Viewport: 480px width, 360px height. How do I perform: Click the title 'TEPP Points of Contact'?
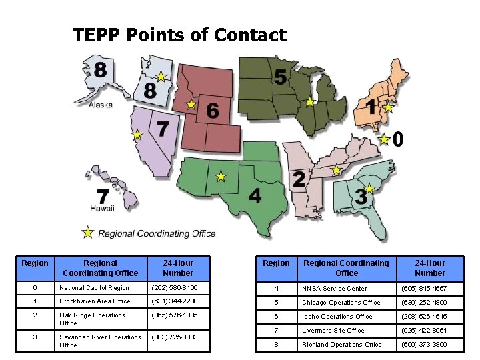coord(179,35)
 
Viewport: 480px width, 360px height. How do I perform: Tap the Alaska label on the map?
coord(100,105)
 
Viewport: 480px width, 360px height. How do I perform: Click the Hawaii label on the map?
coord(103,209)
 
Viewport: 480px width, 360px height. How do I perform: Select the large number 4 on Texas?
coord(255,195)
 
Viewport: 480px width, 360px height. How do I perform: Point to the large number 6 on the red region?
coord(212,111)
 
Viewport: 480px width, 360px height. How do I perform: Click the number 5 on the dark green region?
coord(281,78)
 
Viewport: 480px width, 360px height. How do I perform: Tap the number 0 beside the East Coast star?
coord(397,139)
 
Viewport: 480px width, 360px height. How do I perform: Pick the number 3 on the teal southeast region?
coord(361,197)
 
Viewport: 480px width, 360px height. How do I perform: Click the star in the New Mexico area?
coord(221,177)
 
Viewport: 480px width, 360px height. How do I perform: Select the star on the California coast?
coord(137,135)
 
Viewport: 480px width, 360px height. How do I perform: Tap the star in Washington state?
coord(161,77)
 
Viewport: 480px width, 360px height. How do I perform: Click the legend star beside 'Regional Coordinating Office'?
coord(87,233)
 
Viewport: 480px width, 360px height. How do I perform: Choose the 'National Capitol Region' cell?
coord(94,288)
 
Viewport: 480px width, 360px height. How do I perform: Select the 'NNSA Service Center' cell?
coord(334,289)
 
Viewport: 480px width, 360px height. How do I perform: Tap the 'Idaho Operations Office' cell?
coord(337,317)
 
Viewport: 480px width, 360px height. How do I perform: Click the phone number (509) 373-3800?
coord(424,345)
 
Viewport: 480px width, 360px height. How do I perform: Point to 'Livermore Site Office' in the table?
coord(333,331)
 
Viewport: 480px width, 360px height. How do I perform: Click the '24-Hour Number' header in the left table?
coord(178,268)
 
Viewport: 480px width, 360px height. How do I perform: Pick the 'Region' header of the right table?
coord(276,263)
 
